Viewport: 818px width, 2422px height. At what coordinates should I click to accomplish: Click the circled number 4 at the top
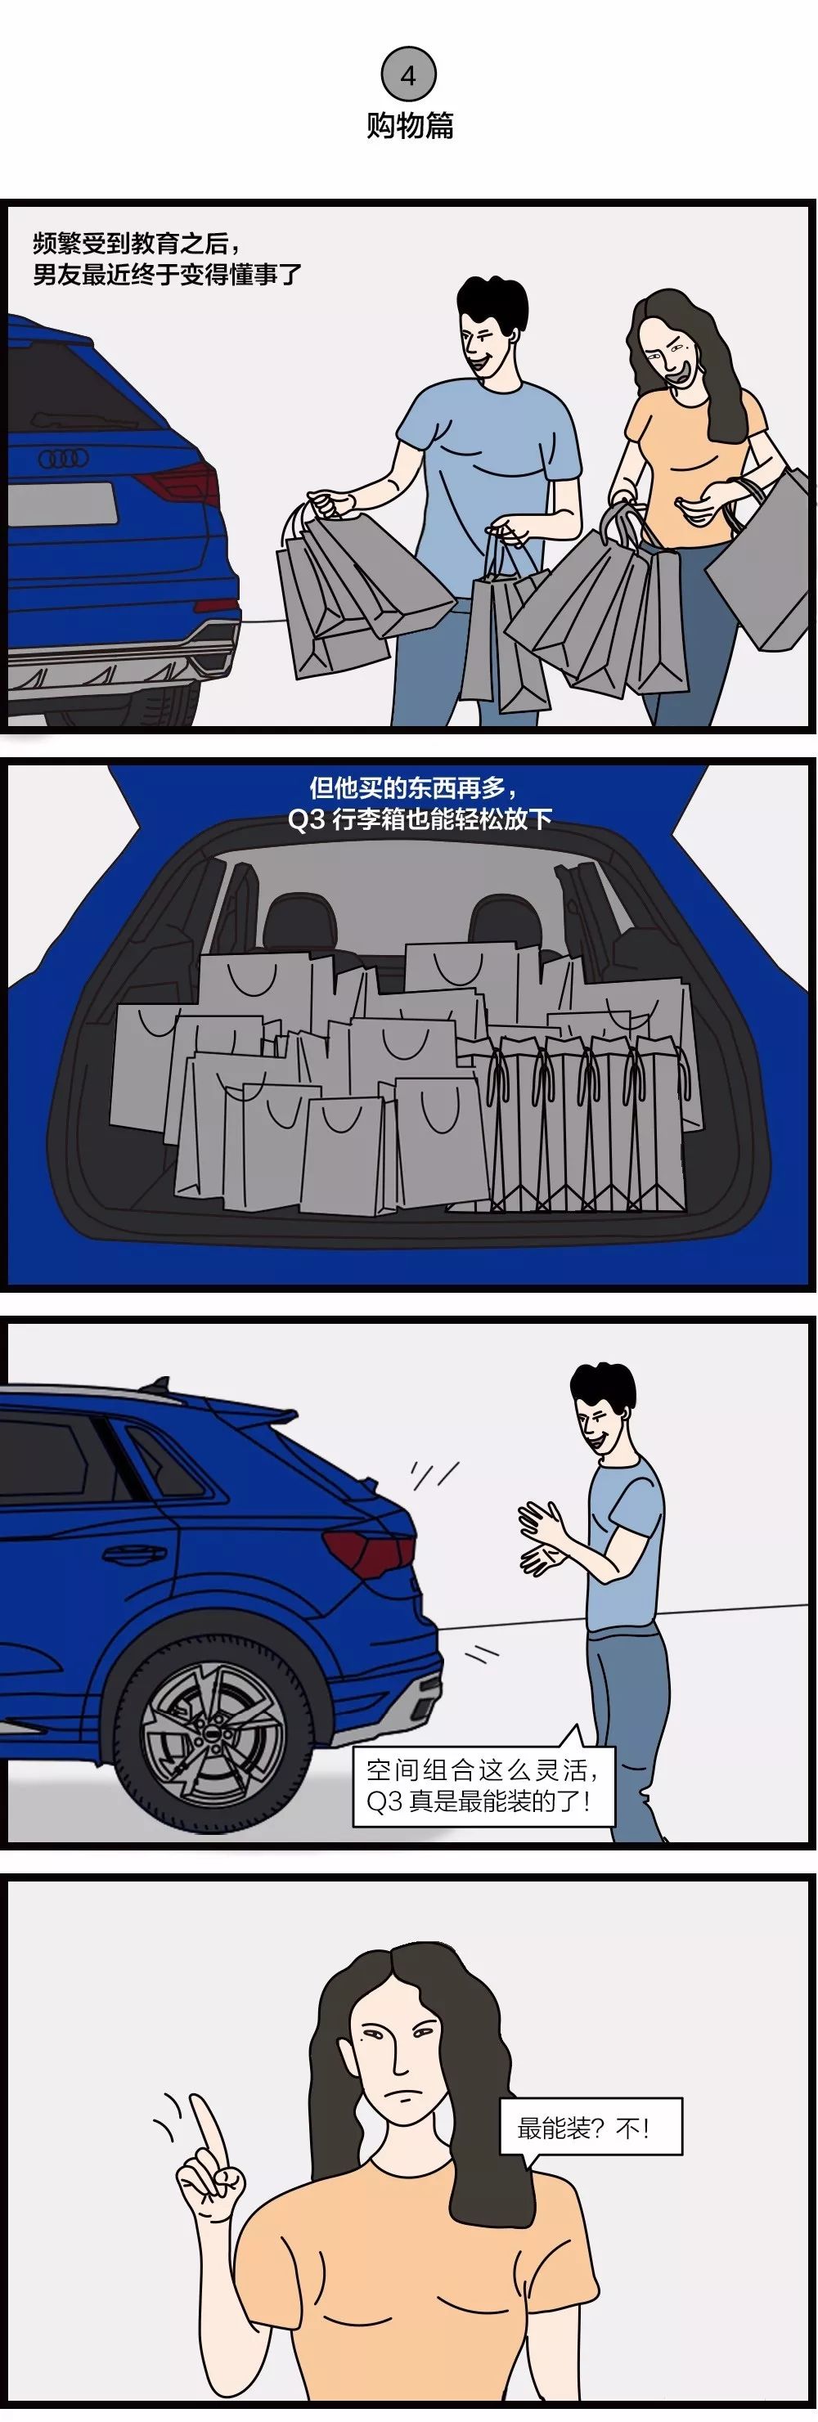click(408, 75)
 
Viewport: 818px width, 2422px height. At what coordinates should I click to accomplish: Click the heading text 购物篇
click(409, 125)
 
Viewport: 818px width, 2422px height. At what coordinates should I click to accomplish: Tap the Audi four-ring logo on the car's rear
click(63, 459)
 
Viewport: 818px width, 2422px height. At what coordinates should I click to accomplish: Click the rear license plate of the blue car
click(61, 503)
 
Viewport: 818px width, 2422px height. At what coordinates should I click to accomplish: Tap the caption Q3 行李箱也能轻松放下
click(420, 819)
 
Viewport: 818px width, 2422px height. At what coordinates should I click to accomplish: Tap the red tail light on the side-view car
click(370, 1555)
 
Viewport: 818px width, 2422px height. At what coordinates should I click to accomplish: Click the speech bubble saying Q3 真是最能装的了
click(479, 1786)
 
